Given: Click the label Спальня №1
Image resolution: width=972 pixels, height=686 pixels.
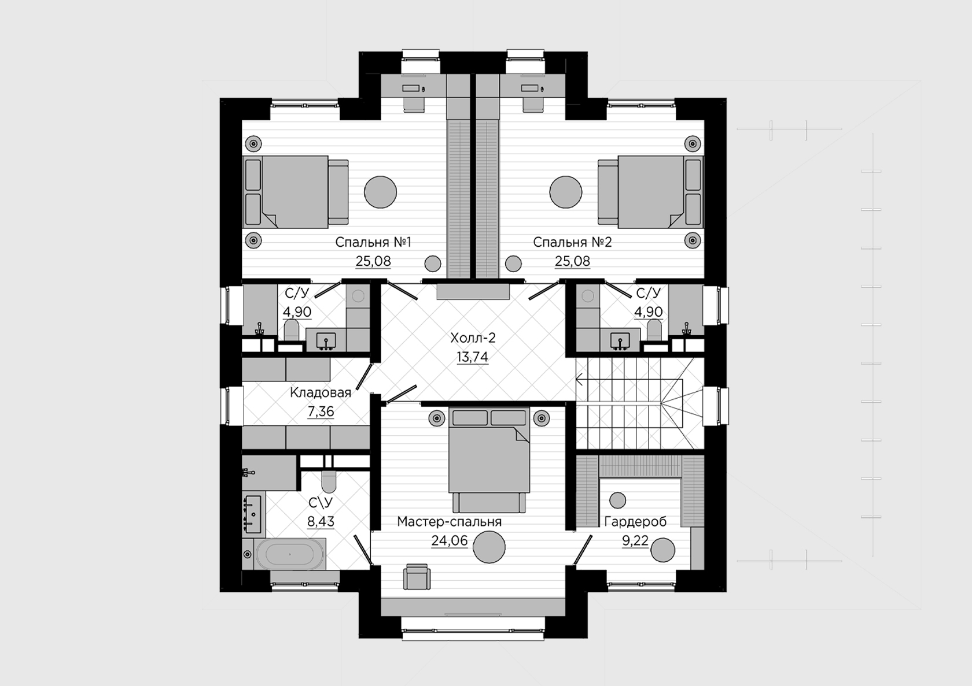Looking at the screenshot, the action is click(x=373, y=242).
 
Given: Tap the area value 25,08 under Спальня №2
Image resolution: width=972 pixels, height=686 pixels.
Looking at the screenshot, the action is click(x=572, y=261).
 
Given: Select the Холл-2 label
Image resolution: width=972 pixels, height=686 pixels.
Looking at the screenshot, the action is click(x=473, y=338).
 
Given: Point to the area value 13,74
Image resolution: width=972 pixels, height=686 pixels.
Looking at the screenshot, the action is click(x=473, y=357).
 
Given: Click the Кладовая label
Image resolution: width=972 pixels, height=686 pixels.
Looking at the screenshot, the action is click(x=321, y=393).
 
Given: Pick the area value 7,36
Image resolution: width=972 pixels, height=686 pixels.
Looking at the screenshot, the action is click(x=321, y=411).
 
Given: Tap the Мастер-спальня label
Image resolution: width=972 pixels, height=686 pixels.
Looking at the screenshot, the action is click(x=449, y=522).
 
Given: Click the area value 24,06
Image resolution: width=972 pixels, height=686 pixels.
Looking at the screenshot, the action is click(x=449, y=541).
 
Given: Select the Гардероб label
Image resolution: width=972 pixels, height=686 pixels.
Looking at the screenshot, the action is click(x=635, y=522).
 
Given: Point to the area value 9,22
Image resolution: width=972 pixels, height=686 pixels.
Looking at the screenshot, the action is click(x=635, y=541).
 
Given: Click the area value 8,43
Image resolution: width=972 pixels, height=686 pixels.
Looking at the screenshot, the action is click(x=321, y=521).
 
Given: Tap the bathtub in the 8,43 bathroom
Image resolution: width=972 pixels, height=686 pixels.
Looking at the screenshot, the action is click(x=290, y=554).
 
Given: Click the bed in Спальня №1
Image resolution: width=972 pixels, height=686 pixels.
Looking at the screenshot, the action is click(x=295, y=192).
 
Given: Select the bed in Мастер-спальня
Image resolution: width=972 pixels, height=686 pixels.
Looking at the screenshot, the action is click(x=489, y=459).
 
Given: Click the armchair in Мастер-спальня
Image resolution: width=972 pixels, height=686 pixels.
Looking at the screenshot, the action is click(x=417, y=577).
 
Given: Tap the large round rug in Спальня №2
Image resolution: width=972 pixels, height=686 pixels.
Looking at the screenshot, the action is click(x=565, y=192).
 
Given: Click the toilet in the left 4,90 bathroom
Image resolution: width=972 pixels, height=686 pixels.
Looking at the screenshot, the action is click(x=291, y=330).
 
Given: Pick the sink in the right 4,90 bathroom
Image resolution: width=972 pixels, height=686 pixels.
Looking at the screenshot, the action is click(x=620, y=341).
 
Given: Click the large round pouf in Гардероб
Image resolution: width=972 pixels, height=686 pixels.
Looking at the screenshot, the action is click(x=662, y=550).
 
